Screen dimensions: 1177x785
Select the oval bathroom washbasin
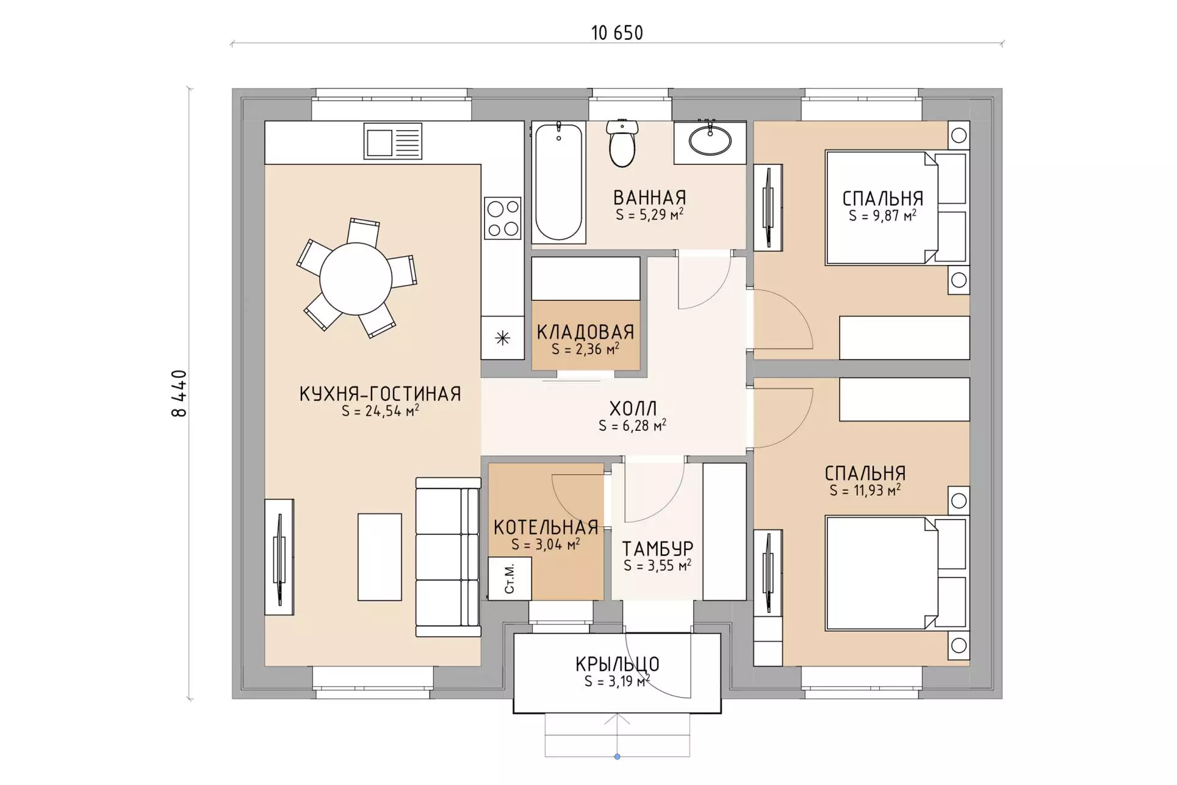710,140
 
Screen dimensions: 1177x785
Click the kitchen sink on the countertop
393,141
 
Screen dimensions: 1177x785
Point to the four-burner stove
503,218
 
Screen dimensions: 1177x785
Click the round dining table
356,278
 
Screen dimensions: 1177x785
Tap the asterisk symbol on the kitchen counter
503,338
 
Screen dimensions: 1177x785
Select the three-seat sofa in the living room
448,557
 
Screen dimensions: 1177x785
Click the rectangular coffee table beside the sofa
380,557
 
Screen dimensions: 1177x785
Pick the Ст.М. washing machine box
510,578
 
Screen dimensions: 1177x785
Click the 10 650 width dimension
617,33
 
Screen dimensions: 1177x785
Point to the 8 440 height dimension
179,393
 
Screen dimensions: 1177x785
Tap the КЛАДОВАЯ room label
586,332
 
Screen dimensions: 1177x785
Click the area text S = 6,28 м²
632,425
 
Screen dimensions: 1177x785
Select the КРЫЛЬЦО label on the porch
617,664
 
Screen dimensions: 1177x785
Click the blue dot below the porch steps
617,757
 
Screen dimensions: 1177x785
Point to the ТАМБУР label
658,549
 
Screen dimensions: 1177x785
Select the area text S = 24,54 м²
380,411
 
